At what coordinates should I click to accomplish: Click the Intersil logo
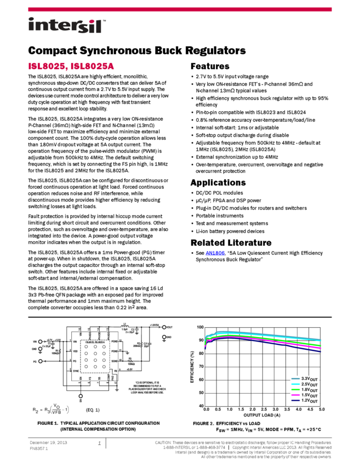67,26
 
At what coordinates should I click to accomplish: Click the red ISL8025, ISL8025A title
71,66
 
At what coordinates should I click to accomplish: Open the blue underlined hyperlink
215,253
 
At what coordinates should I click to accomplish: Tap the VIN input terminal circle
40,341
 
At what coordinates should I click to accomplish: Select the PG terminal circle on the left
40,361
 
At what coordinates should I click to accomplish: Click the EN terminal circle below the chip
81,395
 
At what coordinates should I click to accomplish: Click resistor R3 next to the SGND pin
130,361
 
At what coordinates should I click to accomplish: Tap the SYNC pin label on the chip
76,371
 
